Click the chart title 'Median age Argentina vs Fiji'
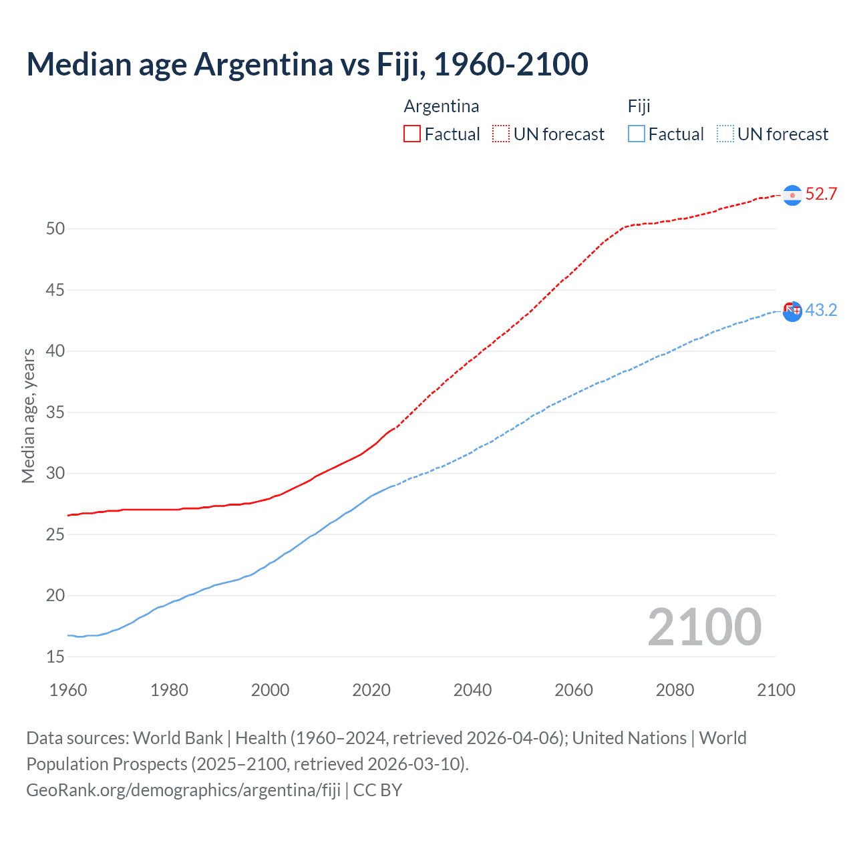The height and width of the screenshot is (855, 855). (x=307, y=64)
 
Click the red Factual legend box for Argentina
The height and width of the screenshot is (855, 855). (x=412, y=134)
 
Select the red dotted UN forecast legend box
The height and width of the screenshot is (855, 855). (x=501, y=134)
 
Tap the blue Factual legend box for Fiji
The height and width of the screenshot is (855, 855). (x=637, y=134)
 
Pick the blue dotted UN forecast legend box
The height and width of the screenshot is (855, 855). (x=725, y=134)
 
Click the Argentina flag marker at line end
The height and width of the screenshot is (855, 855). (x=792, y=195)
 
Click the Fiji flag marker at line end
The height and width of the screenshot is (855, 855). (x=792, y=311)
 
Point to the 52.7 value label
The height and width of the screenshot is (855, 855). (x=821, y=194)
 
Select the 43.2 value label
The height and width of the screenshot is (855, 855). (x=821, y=310)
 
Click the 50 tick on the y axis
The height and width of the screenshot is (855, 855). (x=55, y=228)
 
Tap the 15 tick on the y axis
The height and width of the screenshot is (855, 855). (x=55, y=657)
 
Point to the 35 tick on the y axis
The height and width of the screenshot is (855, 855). (x=55, y=412)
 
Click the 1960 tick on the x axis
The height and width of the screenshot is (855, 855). (x=68, y=690)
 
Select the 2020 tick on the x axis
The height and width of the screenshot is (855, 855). (x=371, y=690)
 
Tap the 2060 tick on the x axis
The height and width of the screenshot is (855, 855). (x=574, y=690)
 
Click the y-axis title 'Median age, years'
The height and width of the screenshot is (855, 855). (x=28, y=415)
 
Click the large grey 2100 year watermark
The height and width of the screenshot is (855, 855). (x=705, y=627)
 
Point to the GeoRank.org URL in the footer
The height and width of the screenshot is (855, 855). (x=183, y=790)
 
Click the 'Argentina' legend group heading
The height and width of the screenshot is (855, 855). (x=442, y=106)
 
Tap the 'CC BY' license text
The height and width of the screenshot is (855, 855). (x=377, y=790)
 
